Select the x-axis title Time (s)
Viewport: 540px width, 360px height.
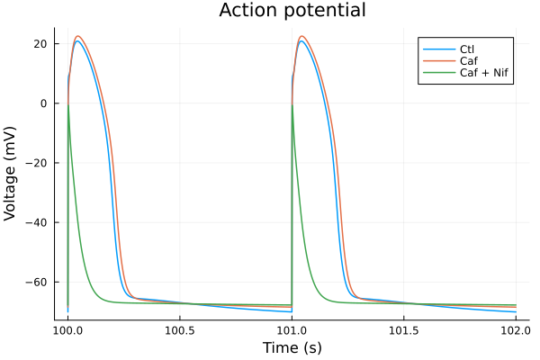click(292, 347)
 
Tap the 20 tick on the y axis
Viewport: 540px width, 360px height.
click(40, 43)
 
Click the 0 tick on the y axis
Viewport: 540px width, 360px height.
click(43, 103)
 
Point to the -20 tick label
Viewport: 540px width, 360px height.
click(37, 163)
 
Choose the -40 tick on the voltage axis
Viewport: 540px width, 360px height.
click(37, 222)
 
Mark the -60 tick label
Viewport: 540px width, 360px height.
click(37, 282)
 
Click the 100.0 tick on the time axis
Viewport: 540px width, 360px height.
click(67, 330)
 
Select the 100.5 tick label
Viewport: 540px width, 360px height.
click(180, 330)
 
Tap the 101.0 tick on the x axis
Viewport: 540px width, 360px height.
click(292, 330)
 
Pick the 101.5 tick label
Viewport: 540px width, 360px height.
click(404, 330)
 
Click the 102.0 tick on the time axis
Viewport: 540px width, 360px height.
click(516, 330)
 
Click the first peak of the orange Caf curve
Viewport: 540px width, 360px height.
click(78, 36)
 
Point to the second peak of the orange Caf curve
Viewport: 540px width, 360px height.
click(302, 36)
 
